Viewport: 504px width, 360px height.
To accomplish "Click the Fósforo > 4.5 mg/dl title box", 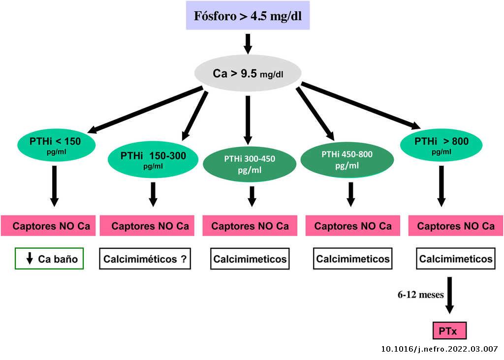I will click(x=248, y=15).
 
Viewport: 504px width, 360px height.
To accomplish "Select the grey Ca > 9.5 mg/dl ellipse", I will click(x=248, y=73).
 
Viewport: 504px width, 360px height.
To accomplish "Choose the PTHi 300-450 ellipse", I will click(x=250, y=164).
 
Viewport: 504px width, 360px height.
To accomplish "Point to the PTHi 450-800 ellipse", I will click(x=347, y=159).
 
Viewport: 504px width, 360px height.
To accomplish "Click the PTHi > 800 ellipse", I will click(x=441, y=144).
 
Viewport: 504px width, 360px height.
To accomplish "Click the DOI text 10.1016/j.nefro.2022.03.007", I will click(x=440, y=349).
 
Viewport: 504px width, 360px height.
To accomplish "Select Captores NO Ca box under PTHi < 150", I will click(x=51, y=226).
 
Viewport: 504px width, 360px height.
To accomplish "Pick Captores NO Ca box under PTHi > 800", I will click(x=456, y=226).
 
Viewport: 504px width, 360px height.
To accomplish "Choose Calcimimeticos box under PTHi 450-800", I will click(x=352, y=259).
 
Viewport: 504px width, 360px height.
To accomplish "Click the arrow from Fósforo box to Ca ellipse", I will click(x=248, y=43).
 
